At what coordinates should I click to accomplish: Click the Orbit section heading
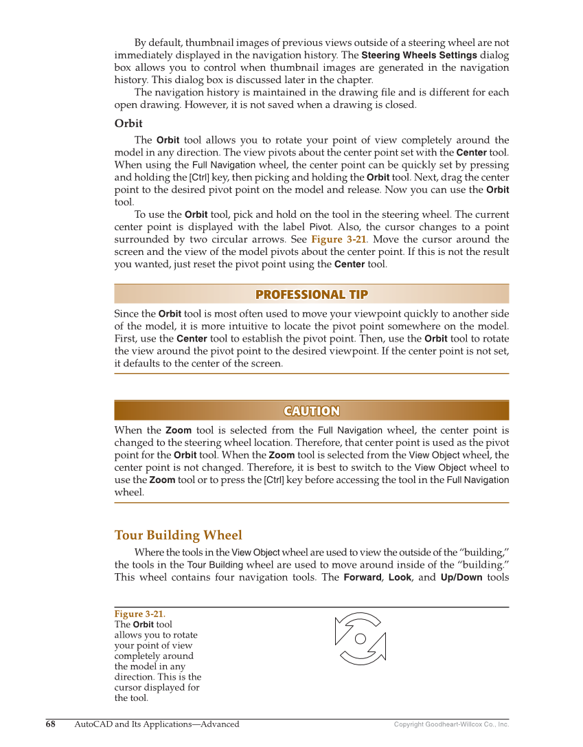tap(128, 124)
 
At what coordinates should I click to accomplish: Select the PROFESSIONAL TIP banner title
tap(311, 295)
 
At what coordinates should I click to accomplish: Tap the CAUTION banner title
tap(311, 411)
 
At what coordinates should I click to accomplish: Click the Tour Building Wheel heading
tap(178, 535)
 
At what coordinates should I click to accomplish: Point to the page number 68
tap(51, 724)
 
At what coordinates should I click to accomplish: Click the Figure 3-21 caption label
tap(139, 614)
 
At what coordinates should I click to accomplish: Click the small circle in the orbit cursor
tap(360, 639)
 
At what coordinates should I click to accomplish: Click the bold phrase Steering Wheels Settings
tap(419, 55)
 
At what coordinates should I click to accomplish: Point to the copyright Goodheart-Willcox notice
tap(451, 724)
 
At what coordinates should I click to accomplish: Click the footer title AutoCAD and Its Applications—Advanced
tap(157, 724)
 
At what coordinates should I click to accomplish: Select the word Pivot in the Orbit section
tap(320, 227)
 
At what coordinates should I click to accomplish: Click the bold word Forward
tap(362, 577)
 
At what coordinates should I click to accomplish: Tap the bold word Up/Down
tap(461, 577)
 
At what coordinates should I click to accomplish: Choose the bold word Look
tap(400, 577)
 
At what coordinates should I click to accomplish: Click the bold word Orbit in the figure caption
tap(143, 625)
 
